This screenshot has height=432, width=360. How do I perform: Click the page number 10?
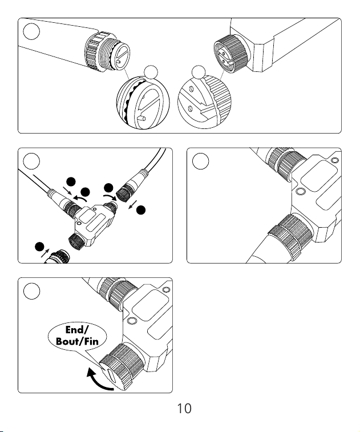[184, 408]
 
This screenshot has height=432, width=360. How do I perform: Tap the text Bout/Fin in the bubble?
[77, 341]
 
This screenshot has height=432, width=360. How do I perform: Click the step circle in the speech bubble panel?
[31, 291]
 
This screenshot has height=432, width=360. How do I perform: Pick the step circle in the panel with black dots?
[31, 161]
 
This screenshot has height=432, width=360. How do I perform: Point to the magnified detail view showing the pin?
[143, 103]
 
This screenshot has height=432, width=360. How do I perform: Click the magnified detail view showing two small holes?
[204, 102]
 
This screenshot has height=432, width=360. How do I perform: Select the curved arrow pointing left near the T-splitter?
[80, 198]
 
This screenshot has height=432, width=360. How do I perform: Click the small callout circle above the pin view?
[151, 72]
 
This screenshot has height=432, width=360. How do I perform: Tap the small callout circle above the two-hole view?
[199, 72]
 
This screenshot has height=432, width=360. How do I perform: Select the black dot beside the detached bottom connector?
[40, 247]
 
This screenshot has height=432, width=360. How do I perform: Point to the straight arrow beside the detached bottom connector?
[45, 253]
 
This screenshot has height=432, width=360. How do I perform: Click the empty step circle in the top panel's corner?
[31, 31]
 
